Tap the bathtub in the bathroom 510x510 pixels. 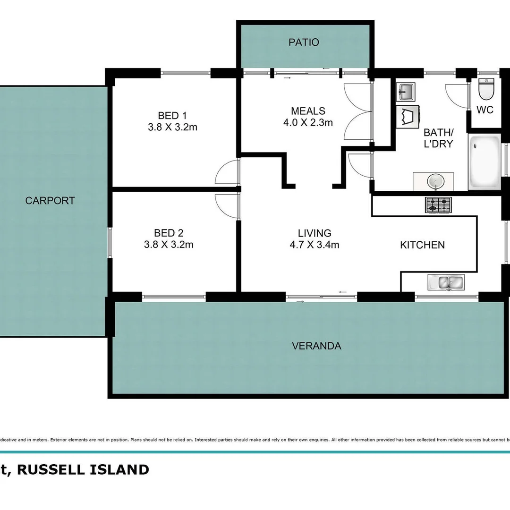point(484,162)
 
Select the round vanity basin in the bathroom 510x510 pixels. point(433,181)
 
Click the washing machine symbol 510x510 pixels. point(408,116)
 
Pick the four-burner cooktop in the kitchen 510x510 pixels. point(438,205)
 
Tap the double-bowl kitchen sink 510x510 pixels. point(446,282)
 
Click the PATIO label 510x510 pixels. point(304,42)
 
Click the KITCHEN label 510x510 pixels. point(422,245)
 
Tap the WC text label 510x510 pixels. point(485,110)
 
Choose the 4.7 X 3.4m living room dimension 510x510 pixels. point(314,245)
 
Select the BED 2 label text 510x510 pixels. point(168,233)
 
